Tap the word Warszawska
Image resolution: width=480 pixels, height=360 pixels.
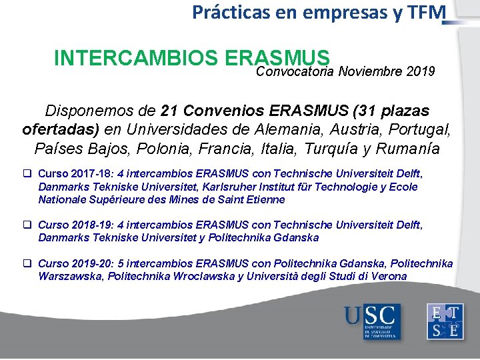pyautogui.click(x=70, y=276)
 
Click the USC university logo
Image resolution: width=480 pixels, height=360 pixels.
pyautogui.click(x=371, y=321)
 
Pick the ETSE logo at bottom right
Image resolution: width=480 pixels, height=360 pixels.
pyautogui.click(x=446, y=321)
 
